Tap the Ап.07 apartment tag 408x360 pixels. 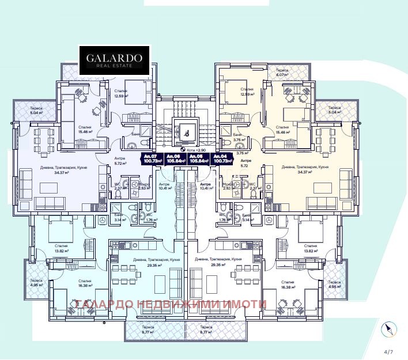pyautogui.click(x=151, y=158)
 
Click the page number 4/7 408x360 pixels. pyautogui.click(x=389, y=351)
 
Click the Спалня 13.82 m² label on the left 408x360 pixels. pyautogui.click(x=59, y=248)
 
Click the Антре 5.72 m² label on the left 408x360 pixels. pyautogui.click(x=119, y=161)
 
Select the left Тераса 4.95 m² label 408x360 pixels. pyautogui.click(x=36, y=282)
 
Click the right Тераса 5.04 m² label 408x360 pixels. pyautogui.click(x=334, y=110)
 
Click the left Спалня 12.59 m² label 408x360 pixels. pyautogui.click(x=121, y=93)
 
